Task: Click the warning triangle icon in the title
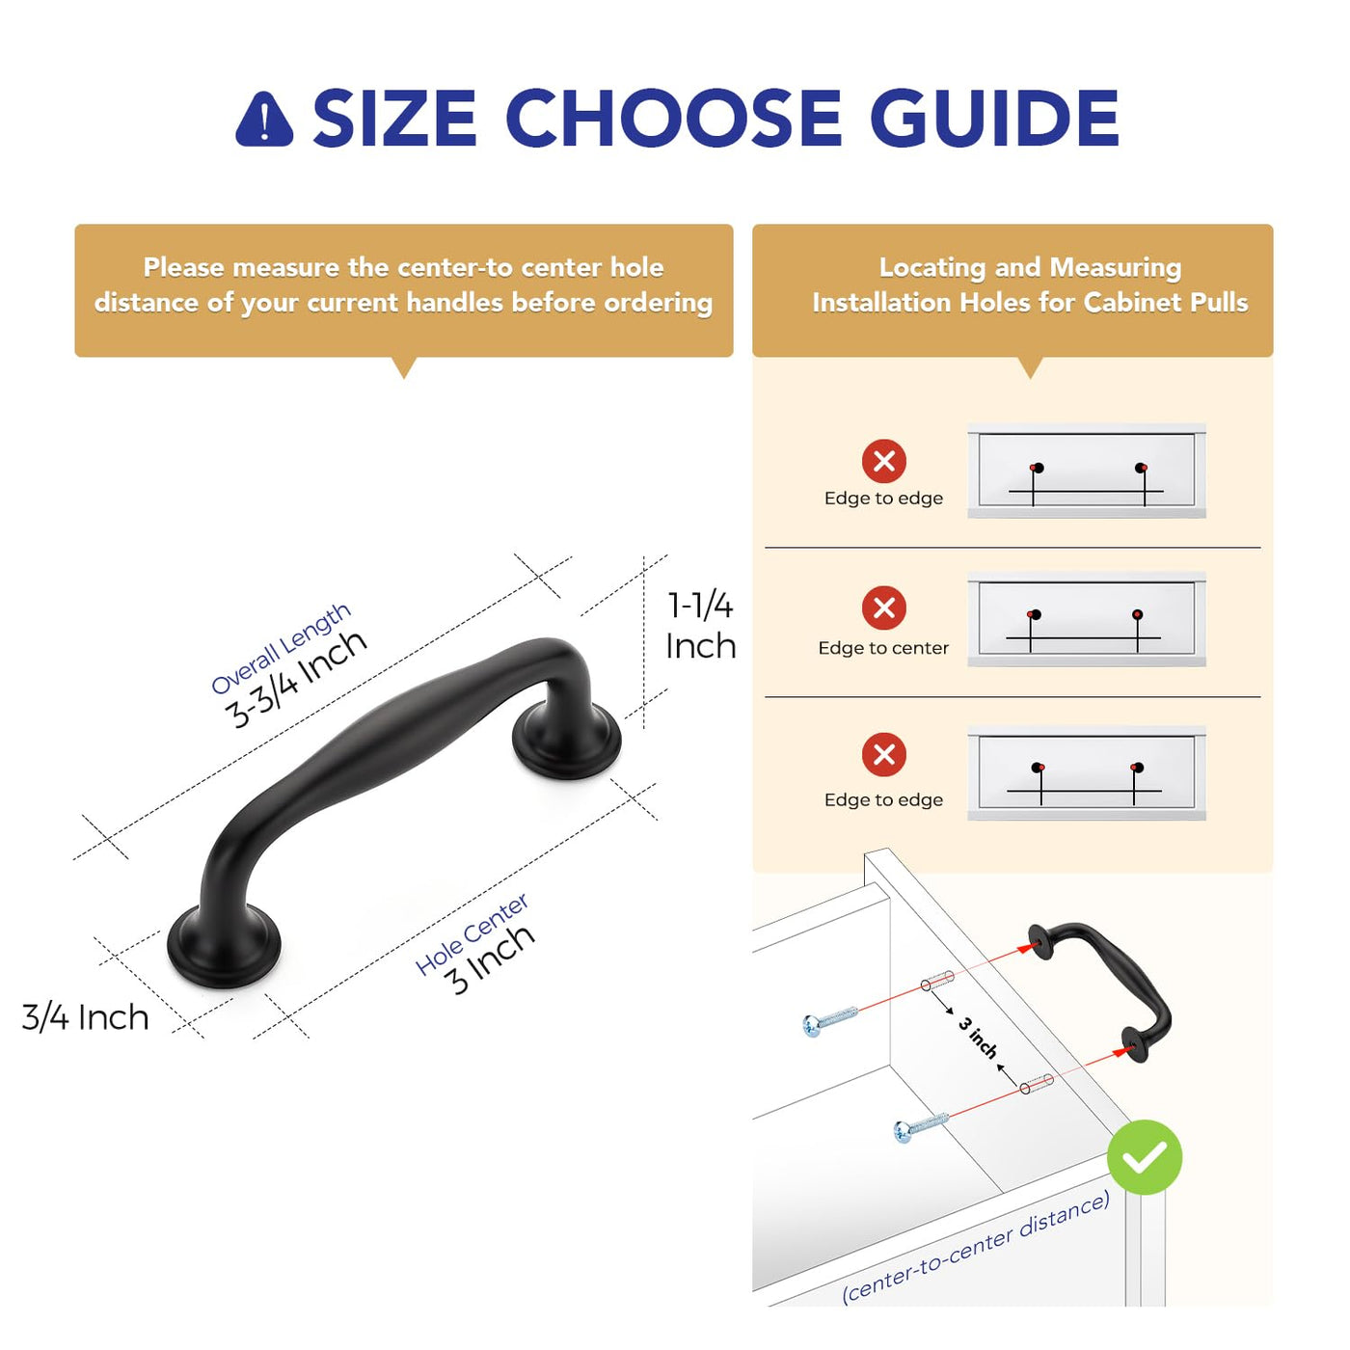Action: click(x=264, y=120)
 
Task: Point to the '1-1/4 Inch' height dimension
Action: click(x=701, y=626)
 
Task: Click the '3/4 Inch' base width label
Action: click(x=85, y=1017)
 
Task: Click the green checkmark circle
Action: click(x=1145, y=1156)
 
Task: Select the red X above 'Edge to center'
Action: click(x=883, y=607)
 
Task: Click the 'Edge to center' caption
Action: click(x=882, y=648)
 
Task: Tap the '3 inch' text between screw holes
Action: click(x=978, y=1038)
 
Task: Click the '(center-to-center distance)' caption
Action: click(x=976, y=1248)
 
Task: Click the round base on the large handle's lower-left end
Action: click(x=224, y=947)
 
